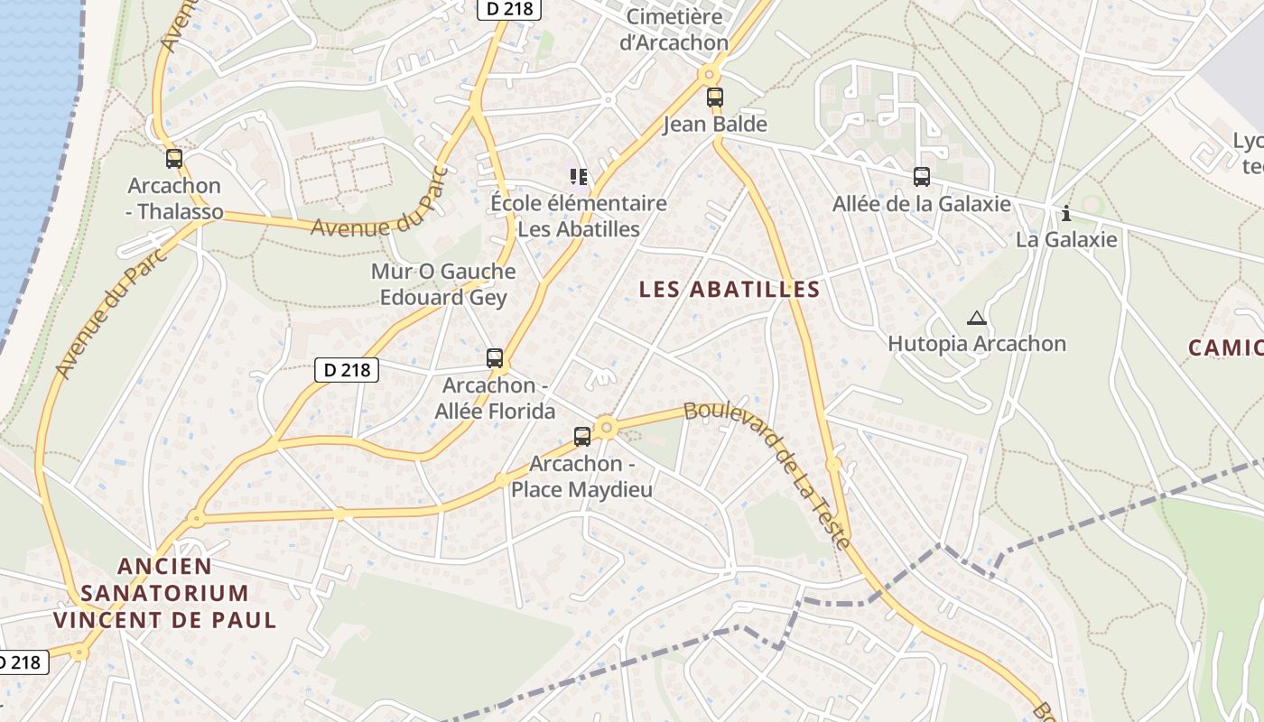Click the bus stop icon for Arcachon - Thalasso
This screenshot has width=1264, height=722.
click(174, 159)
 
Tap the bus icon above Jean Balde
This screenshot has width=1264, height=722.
click(715, 97)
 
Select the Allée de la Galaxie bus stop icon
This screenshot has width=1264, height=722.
click(921, 177)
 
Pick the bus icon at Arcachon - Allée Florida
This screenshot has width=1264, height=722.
click(494, 357)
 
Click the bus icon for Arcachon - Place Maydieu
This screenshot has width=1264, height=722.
click(582, 437)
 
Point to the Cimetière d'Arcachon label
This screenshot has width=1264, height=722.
click(674, 29)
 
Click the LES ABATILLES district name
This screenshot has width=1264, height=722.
click(730, 290)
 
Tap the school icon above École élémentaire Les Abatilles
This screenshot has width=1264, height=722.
click(578, 176)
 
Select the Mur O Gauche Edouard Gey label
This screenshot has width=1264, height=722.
click(443, 284)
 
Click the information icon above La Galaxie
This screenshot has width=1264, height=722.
click(1066, 213)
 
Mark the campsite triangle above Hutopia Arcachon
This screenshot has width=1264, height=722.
click(976, 318)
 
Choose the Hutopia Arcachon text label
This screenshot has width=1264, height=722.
click(977, 344)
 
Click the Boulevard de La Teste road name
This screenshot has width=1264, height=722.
click(767, 474)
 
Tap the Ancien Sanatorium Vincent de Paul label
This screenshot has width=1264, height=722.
click(164, 593)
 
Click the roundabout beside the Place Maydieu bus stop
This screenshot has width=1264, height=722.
click(606, 427)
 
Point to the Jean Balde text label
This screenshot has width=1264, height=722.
click(715, 125)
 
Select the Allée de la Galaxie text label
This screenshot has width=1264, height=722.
click(921, 204)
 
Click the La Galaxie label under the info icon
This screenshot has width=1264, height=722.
click(1066, 240)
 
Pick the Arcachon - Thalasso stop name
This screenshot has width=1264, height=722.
click(174, 199)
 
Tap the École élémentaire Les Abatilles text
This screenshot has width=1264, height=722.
click(578, 217)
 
